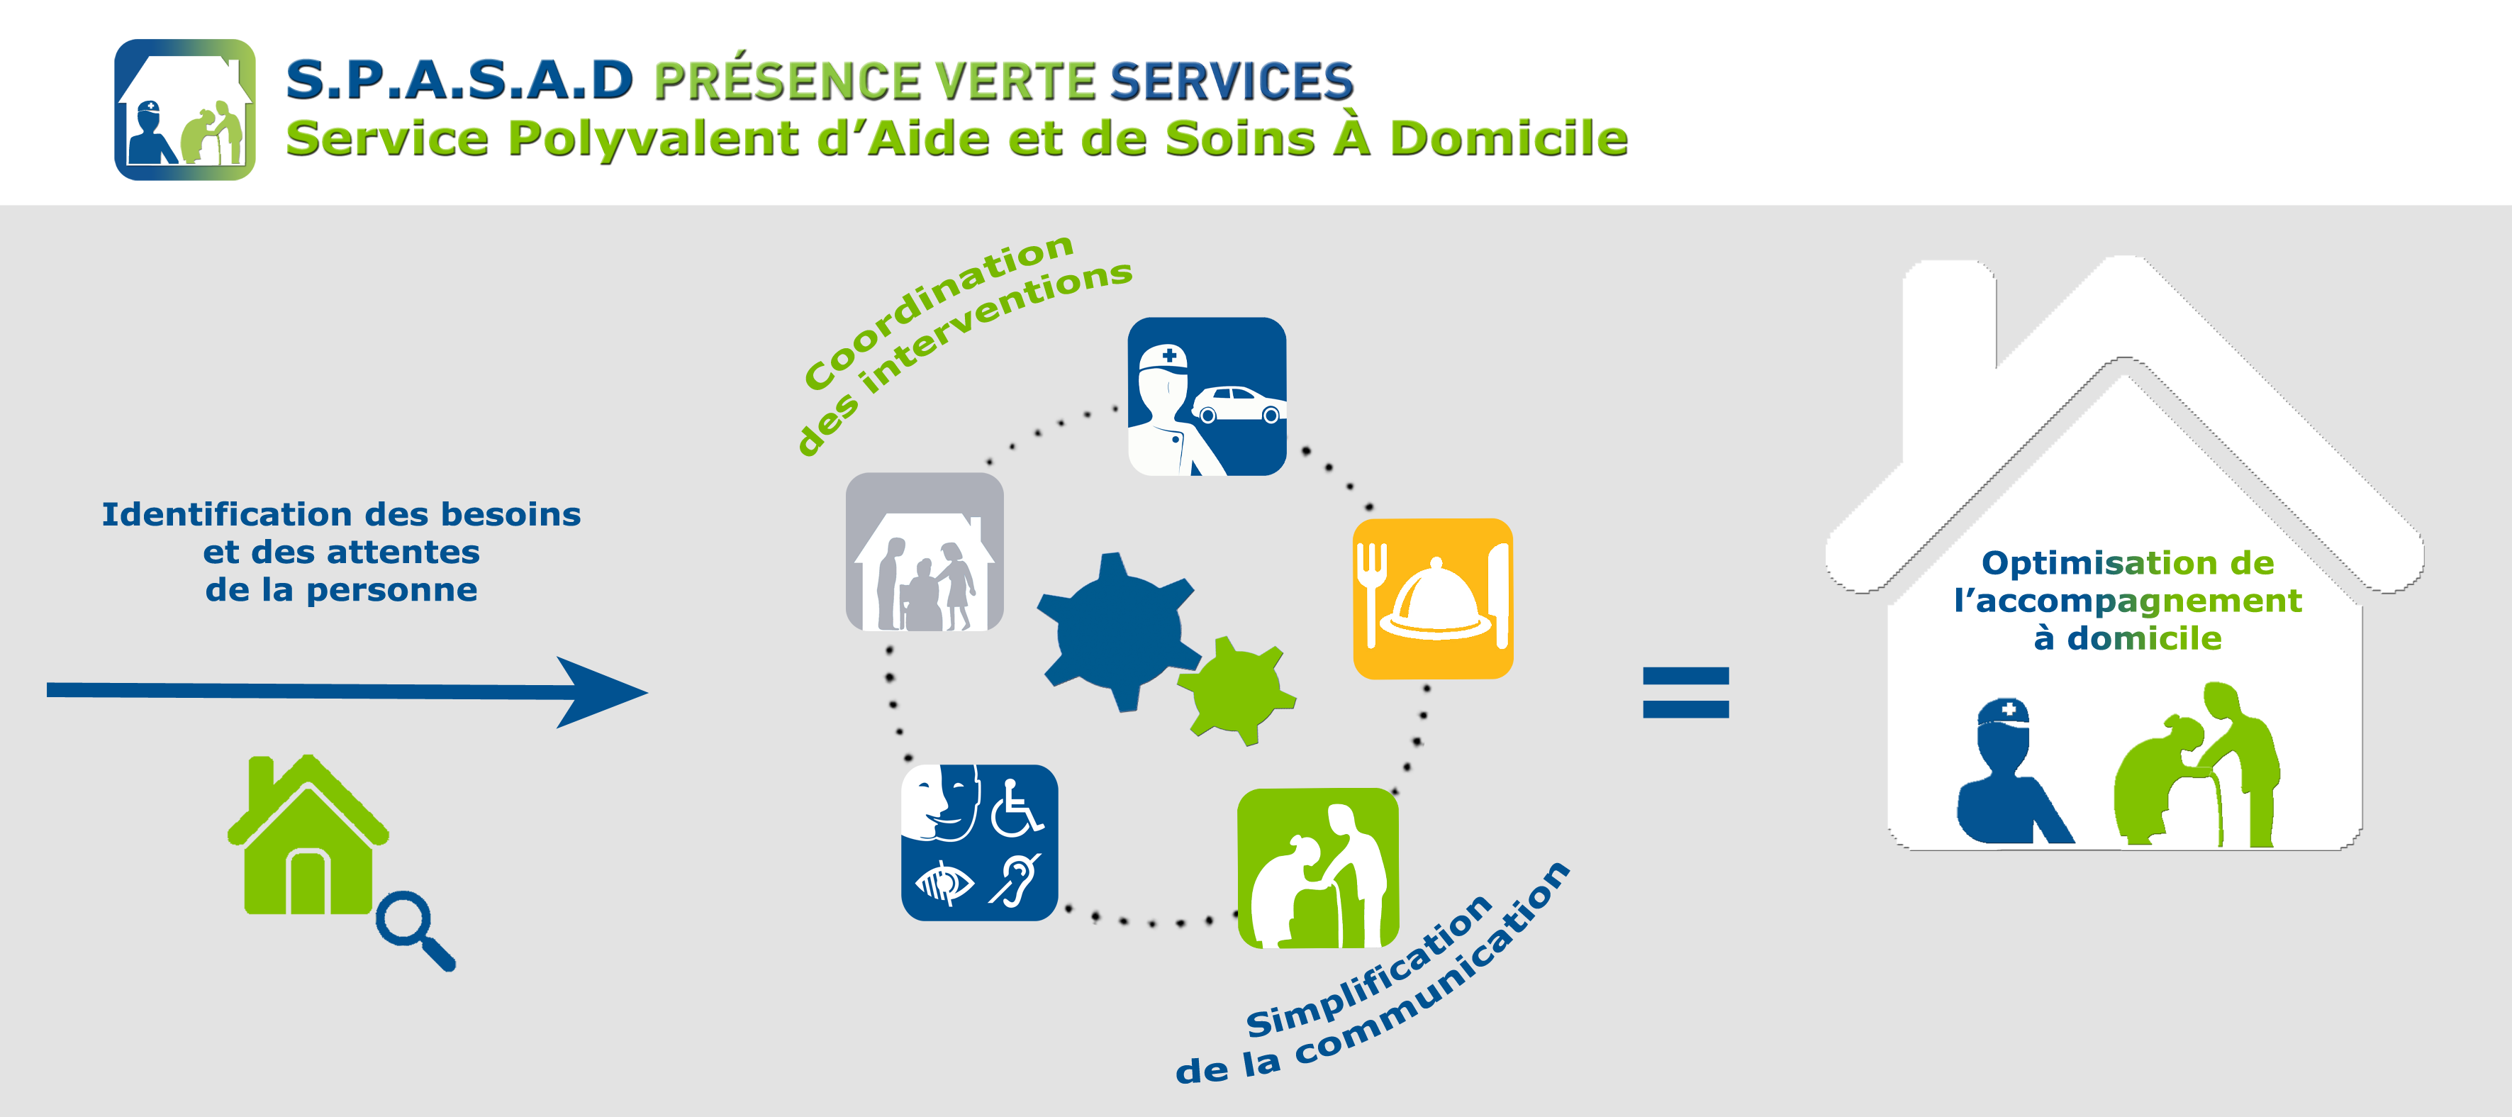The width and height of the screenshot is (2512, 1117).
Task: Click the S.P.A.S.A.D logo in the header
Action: (185, 109)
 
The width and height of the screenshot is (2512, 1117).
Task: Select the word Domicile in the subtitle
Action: (1509, 138)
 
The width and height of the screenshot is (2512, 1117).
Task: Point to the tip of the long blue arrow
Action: (647, 693)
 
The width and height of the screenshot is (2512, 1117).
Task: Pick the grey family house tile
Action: (925, 552)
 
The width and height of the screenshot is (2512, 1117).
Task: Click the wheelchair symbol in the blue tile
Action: (1016, 808)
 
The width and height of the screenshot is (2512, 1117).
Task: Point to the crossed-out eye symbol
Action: (943, 884)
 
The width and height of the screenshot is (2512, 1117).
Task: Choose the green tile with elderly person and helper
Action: (1317, 868)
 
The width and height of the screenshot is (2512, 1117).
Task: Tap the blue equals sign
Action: (1685, 693)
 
